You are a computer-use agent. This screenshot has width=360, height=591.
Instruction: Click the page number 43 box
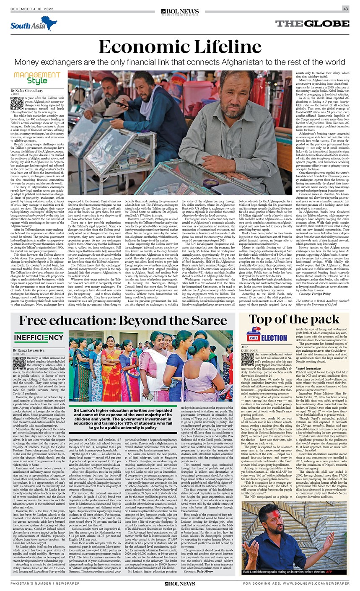(x=346, y=9)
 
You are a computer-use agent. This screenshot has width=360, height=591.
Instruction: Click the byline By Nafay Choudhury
(x=27, y=91)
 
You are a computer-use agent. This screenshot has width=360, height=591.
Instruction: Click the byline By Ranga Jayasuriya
(x=29, y=350)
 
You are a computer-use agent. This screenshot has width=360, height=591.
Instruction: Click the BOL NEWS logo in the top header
(x=180, y=11)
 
